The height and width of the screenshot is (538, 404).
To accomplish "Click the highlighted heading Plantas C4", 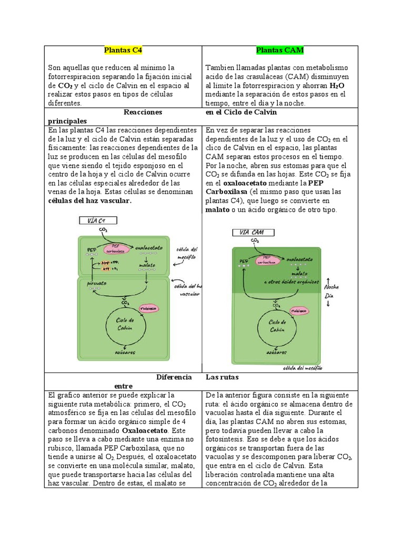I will pyautogui.click(x=123, y=50).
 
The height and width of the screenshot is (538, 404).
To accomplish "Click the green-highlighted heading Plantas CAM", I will pyautogui.click(x=280, y=50).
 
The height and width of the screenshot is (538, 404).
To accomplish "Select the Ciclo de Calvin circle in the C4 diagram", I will pyautogui.click(x=125, y=324).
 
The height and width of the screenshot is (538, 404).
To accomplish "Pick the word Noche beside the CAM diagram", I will pyautogui.click(x=331, y=287).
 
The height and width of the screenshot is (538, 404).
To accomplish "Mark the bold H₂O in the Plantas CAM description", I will pyautogui.click(x=337, y=85).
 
